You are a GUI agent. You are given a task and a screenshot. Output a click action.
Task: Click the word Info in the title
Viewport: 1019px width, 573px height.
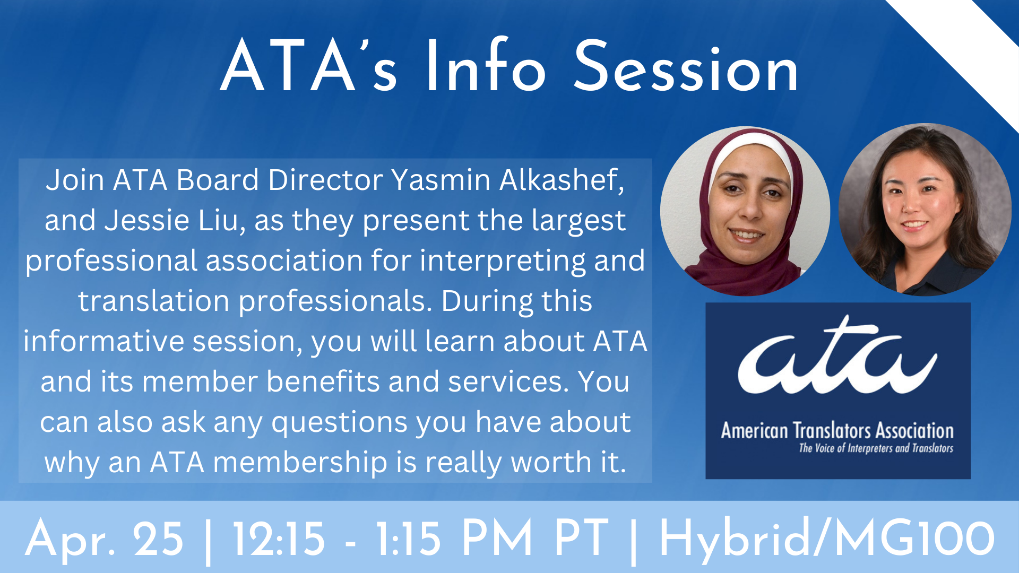tap(486, 66)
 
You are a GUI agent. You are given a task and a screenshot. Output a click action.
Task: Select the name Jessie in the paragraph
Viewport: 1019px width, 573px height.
tap(147, 220)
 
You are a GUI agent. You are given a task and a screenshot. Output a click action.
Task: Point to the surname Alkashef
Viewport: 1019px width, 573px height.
tap(562, 180)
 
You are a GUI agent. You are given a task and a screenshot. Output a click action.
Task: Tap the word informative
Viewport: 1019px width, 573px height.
tap(103, 341)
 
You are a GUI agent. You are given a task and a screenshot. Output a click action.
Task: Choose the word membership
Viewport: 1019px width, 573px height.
tap(300, 463)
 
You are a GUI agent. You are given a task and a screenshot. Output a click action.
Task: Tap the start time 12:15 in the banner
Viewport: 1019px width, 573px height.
tap(279, 539)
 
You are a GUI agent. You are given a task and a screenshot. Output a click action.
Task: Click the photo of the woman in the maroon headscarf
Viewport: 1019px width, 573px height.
tap(745, 211)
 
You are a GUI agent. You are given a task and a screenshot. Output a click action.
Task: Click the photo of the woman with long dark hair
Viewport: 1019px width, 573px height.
tap(925, 210)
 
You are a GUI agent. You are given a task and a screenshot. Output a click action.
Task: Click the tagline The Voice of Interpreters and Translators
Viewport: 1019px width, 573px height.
tap(876, 448)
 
